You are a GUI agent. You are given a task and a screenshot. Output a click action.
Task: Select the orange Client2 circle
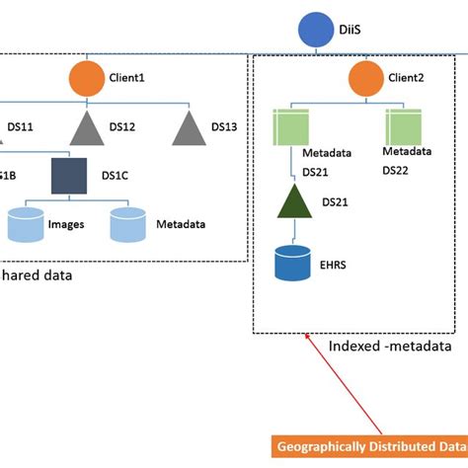tap(365, 77)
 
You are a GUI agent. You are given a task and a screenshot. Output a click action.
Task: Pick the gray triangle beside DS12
tap(86, 127)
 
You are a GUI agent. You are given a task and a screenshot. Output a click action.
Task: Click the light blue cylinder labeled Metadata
tap(129, 224)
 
